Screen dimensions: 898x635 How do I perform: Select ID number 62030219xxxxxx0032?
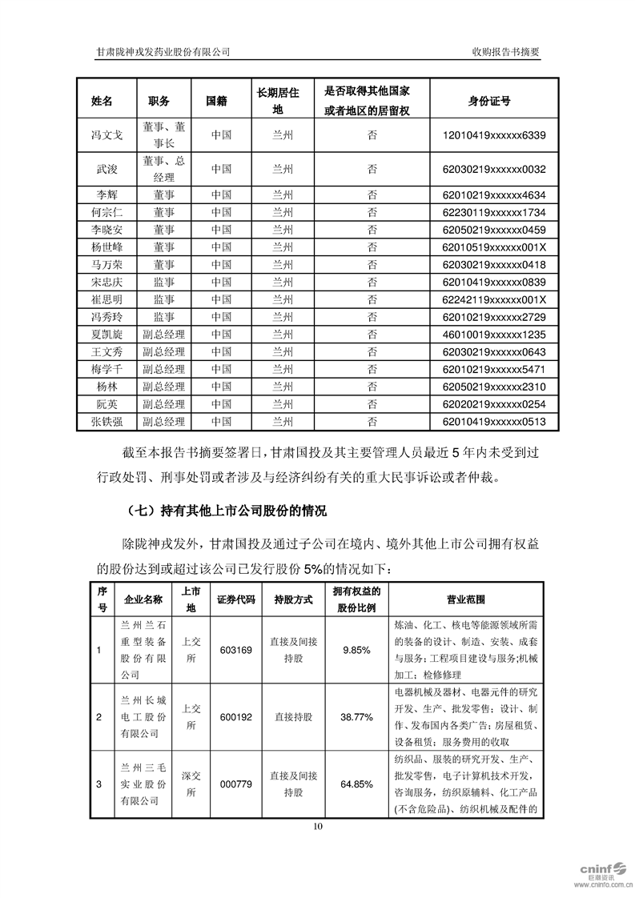click(488, 169)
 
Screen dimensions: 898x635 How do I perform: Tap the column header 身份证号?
click(488, 102)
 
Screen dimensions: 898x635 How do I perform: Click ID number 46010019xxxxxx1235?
click(488, 335)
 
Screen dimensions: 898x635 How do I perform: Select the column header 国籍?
click(216, 102)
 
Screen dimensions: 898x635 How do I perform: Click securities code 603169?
click(235, 650)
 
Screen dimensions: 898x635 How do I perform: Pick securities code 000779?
click(235, 785)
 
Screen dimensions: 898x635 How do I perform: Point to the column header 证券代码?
click(235, 599)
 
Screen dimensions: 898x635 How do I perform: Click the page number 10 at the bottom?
click(318, 827)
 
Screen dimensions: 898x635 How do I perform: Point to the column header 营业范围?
click(465, 599)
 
